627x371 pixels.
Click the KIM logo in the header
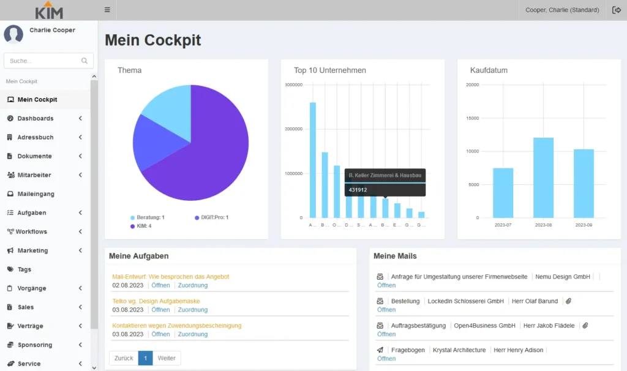point(49,10)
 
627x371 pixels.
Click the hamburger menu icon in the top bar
point(107,10)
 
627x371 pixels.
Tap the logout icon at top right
point(616,10)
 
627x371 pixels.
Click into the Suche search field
point(43,61)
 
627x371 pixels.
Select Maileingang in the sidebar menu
point(36,194)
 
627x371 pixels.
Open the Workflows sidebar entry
point(31,231)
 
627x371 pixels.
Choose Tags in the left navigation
point(24,269)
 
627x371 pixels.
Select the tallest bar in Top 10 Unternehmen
point(313,159)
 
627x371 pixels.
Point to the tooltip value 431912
point(358,190)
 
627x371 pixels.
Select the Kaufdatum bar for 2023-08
point(543,178)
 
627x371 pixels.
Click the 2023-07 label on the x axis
point(503,225)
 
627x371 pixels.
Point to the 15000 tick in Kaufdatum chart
point(472,118)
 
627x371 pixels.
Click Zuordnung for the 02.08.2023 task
point(193,285)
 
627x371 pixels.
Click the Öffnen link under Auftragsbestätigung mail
point(386,334)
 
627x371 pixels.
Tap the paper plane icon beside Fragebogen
point(380,350)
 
